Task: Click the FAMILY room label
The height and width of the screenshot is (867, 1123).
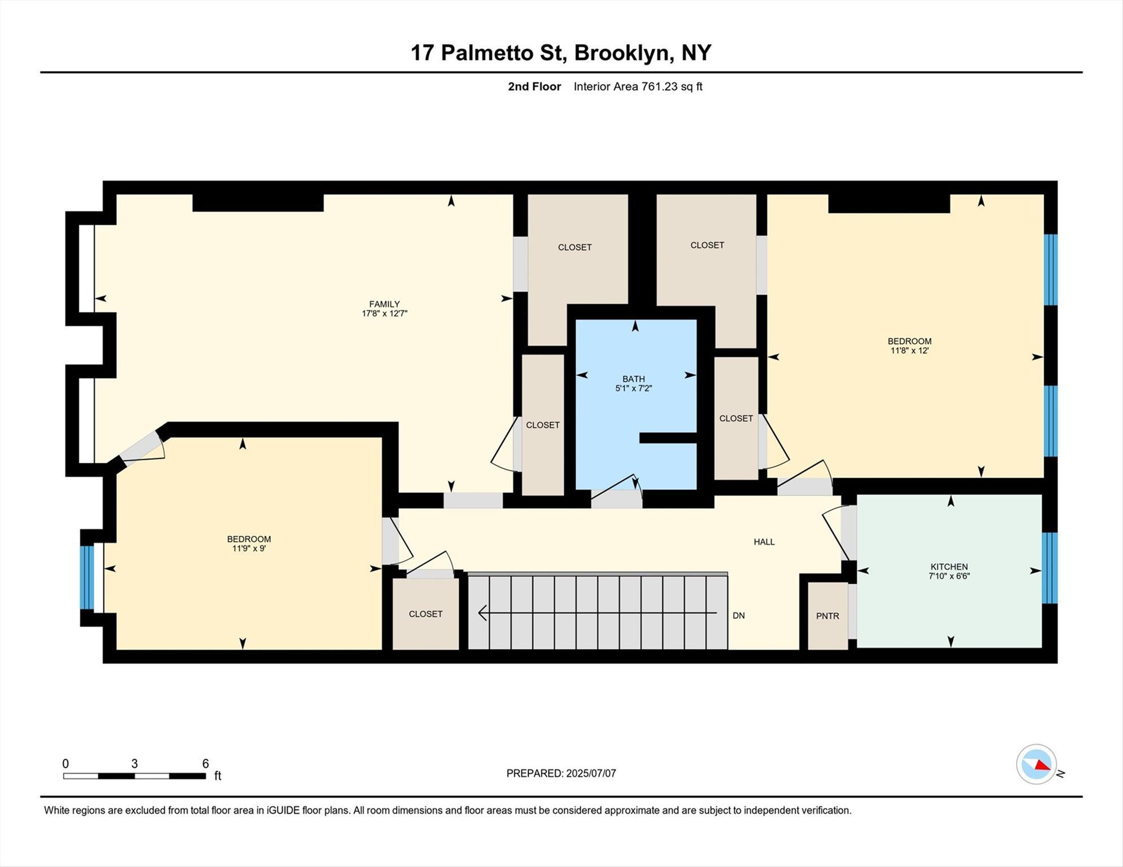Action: tap(384, 304)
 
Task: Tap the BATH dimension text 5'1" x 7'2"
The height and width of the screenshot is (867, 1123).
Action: tap(633, 388)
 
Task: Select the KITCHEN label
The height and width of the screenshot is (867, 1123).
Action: tap(949, 567)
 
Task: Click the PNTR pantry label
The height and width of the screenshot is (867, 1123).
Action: tap(828, 616)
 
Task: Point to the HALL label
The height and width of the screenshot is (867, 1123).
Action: tap(764, 542)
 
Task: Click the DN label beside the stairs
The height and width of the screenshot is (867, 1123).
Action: tap(738, 616)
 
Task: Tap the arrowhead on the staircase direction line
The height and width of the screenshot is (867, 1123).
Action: tap(482, 612)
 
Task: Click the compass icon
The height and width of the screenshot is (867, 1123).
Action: tap(1037, 764)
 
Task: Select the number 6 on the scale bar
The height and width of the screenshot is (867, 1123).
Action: tap(206, 764)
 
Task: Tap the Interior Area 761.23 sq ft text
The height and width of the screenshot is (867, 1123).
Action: tap(638, 86)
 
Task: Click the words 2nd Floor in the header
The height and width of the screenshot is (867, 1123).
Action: tap(534, 86)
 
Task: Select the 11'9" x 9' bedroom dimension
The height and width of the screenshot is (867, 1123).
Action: tap(249, 548)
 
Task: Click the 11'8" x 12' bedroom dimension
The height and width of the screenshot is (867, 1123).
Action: tap(909, 351)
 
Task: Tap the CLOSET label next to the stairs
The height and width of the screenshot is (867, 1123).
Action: tap(425, 614)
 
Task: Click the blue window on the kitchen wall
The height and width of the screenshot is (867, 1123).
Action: tap(1050, 568)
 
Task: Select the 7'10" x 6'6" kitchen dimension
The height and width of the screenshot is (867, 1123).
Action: tap(949, 576)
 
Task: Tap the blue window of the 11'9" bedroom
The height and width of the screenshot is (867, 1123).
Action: tap(86, 577)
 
